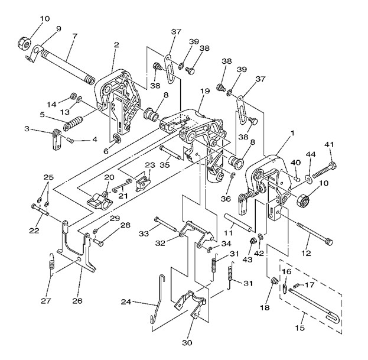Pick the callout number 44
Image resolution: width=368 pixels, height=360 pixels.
(x=310, y=154)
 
